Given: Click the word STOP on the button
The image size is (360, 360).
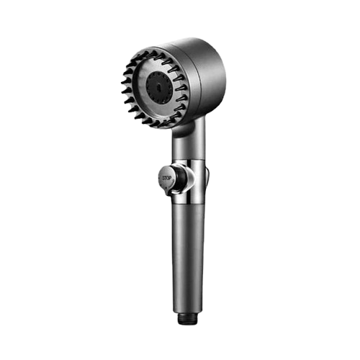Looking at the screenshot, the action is [x=167, y=178].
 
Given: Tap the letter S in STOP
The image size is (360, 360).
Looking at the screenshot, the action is [x=163, y=178].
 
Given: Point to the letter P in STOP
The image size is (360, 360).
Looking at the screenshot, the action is [x=170, y=179].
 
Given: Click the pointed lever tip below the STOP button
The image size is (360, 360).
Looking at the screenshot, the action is [x=170, y=192].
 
